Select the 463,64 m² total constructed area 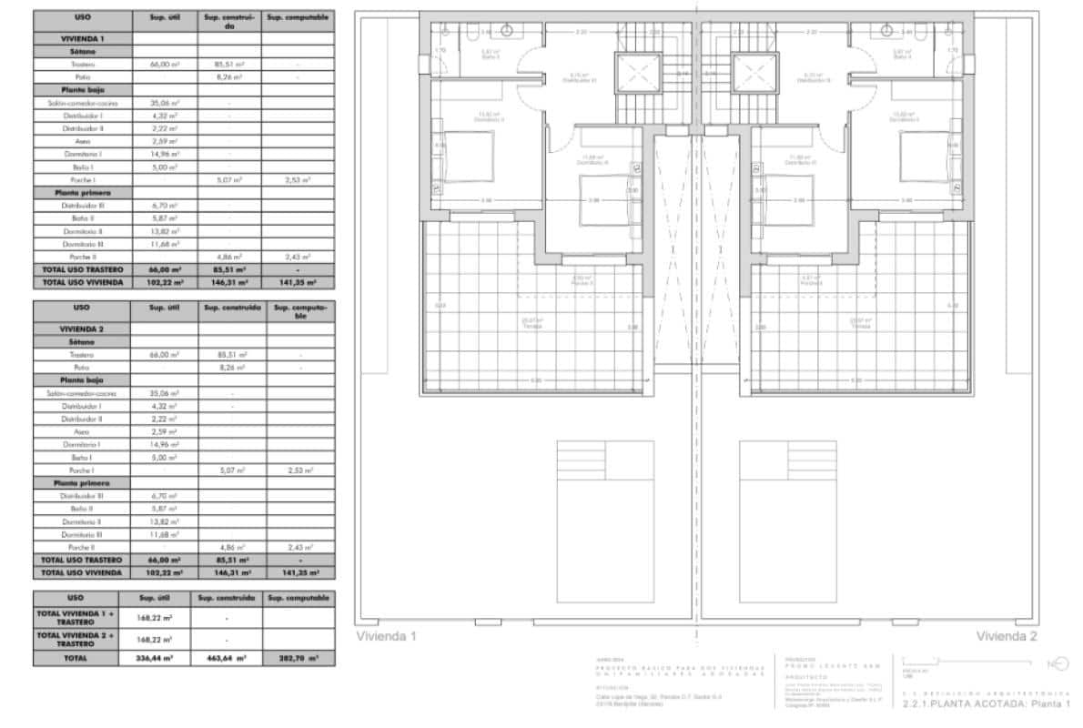pyautogui.click(x=228, y=657)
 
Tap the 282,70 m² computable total pyautogui.click(x=298, y=657)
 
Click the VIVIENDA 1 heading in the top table pyautogui.click(x=83, y=38)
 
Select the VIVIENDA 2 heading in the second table pyautogui.click(x=83, y=327)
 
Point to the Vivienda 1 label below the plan pyautogui.click(x=385, y=637)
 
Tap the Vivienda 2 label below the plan pyautogui.click(x=1007, y=637)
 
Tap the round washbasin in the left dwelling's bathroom pyautogui.click(x=507, y=31)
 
